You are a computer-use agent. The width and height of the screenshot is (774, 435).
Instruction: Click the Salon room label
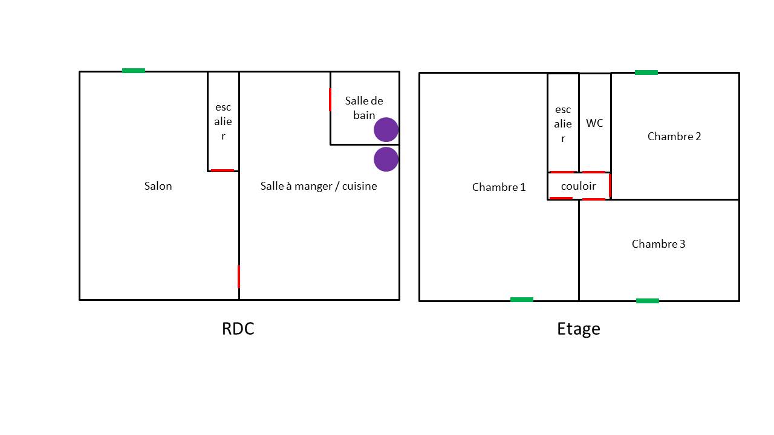(158, 186)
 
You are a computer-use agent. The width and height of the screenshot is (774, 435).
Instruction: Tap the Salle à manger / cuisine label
(319, 186)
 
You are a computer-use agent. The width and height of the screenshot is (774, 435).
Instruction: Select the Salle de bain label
(364, 108)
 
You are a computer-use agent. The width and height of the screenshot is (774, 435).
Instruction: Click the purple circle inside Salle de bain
(386, 129)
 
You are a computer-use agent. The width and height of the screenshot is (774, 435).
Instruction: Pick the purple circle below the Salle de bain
(386, 159)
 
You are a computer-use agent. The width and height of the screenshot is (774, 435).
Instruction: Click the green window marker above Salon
(134, 71)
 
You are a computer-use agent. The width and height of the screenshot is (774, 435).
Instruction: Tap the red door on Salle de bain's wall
(330, 100)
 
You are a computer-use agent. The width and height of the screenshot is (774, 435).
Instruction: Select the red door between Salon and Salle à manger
(239, 276)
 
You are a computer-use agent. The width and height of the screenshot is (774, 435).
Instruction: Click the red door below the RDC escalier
(223, 170)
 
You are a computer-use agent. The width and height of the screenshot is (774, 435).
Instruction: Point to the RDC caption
(238, 329)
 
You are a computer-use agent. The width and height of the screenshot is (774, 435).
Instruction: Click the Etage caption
(579, 329)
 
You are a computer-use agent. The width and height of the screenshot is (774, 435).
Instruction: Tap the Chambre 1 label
(499, 187)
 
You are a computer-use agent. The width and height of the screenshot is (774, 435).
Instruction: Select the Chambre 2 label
(674, 137)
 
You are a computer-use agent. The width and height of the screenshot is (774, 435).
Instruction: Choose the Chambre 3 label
(659, 244)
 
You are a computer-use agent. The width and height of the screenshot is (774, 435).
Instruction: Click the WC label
(594, 123)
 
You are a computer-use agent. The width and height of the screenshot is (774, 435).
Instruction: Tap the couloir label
(578, 186)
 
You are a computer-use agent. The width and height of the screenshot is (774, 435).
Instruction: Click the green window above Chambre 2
(646, 72)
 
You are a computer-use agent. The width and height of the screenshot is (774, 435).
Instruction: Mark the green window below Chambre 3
(648, 300)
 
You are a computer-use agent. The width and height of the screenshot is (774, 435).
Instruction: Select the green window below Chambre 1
(522, 299)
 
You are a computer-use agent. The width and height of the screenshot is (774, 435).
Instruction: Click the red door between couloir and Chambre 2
(610, 185)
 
